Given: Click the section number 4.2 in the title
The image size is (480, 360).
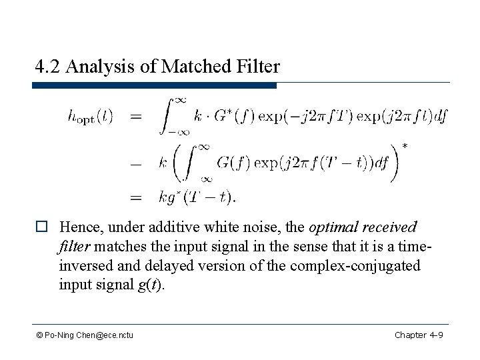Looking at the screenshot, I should (48, 67).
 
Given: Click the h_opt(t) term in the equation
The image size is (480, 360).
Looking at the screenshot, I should (91, 117).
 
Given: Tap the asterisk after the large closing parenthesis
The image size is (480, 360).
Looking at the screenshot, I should (405, 146).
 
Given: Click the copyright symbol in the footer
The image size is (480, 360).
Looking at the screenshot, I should (41, 334).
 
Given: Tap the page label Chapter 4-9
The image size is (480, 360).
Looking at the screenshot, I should (419, 334).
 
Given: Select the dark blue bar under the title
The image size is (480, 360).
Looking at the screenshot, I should (155, 85).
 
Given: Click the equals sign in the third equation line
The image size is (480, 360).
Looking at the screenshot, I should (136, 197).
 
